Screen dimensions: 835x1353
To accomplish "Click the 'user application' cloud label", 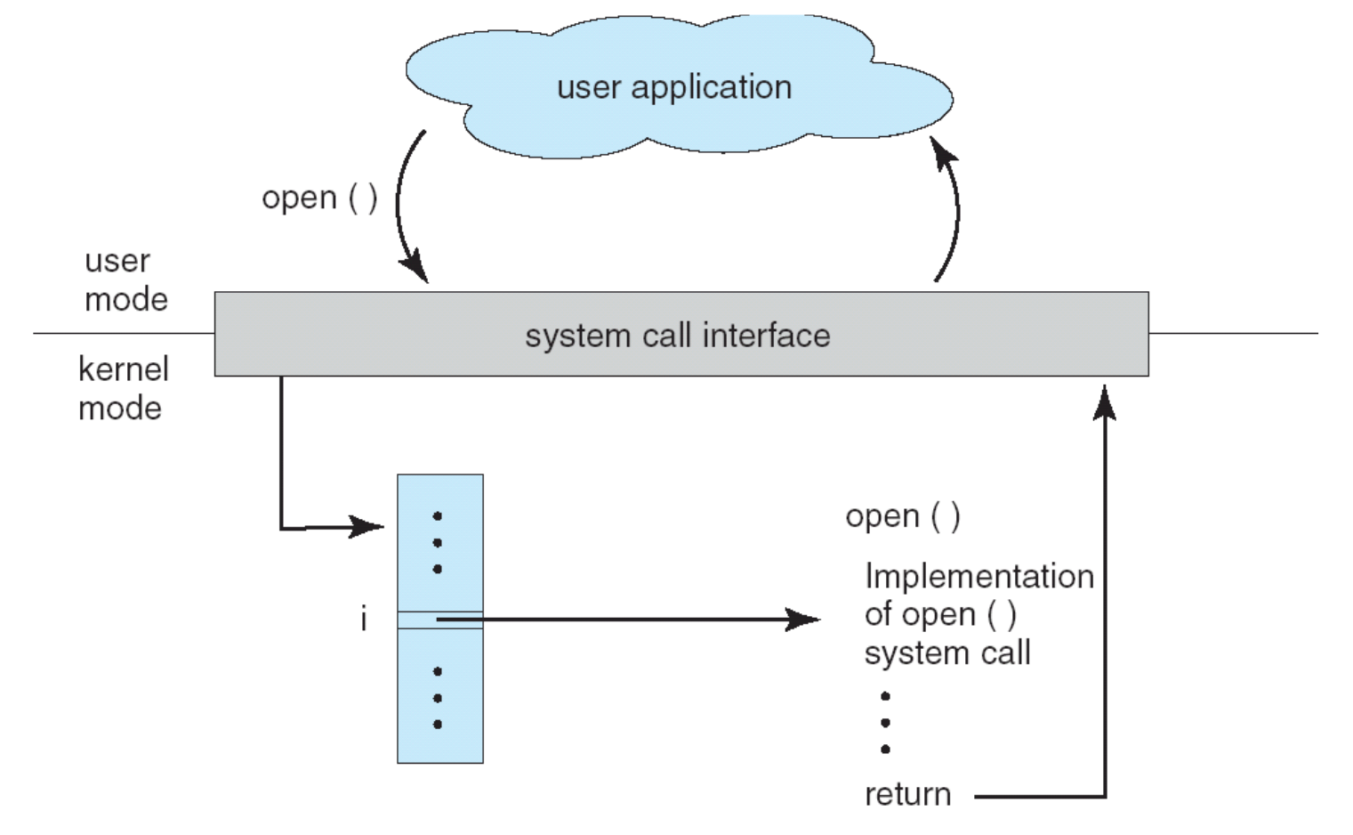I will coord(673,87).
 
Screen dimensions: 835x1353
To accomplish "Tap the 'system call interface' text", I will coord(677,336).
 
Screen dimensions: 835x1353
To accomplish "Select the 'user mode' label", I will coord(125,280).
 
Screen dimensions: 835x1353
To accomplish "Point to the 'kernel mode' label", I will coord(122,388).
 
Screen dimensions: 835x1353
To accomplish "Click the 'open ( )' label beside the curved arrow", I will coord(319,198).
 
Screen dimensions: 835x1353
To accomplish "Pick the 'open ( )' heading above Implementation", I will coord(902,516).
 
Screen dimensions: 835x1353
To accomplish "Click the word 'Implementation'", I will coord(979,576).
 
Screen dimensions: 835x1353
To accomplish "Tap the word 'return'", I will coord(907,794).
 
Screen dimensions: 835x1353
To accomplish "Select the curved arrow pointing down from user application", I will coord(402,205).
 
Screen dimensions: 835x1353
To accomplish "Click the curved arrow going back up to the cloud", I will coord(954,209).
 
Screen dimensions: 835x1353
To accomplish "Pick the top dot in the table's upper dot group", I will coord(437,516).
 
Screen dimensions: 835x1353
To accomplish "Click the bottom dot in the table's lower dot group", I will coord(437,725).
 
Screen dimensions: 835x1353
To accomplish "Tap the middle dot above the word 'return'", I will coord(885,723).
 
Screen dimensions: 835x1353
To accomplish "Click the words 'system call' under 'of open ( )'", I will coord(946,653).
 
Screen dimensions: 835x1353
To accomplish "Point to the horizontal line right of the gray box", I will coord(1232,334).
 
